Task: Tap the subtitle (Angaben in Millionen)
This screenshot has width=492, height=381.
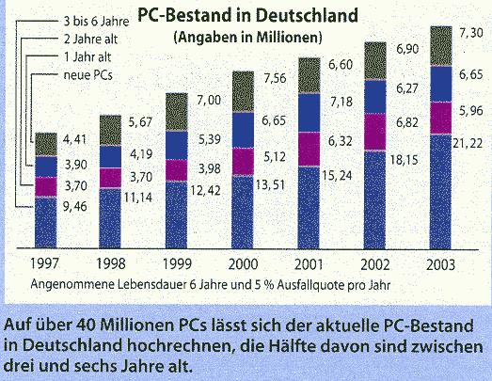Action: [x=246, y=37]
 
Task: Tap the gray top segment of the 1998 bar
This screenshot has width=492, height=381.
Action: [x=111, y=130]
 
